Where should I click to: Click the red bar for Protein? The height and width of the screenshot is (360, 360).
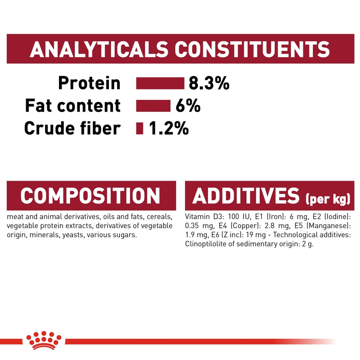pyautogui.click(x=160, y=83)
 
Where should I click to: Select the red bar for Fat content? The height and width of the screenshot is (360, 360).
pyautogui.click(x=153, y=106)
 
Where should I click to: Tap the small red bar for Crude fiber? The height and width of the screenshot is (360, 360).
pyautogui.click(x=139, y=128)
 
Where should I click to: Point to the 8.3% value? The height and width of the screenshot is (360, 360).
pyautogui.click(x=209, y=83)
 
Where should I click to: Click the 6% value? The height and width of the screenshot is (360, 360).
pyautogui.click(x=188, y=106)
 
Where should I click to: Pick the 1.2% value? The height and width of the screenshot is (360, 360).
pyautogui.click(x=169, y=128)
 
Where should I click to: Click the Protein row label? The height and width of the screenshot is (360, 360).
pyautogui.click(x=89, y=83)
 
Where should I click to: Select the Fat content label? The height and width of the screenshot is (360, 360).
pyautogui.click(x=73, y=106)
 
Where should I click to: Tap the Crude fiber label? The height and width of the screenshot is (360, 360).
pyautogui.click(x=72, y=128)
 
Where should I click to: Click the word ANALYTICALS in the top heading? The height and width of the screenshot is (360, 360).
pyautogui.click(x=99, y=49)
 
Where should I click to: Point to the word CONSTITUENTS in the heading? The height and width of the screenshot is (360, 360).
pyautogui.click(x=252, y=49)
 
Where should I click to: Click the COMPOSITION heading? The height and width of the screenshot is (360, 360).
pyautogui.click(x=90, y=196)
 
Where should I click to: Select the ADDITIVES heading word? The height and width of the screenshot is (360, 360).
pyautogui.click(x=246, y=196)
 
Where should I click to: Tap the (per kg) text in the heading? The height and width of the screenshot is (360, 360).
pyautogui.click(x=328, y=199)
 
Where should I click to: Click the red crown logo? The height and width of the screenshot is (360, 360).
pyautogui.click(x=44, y=340)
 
